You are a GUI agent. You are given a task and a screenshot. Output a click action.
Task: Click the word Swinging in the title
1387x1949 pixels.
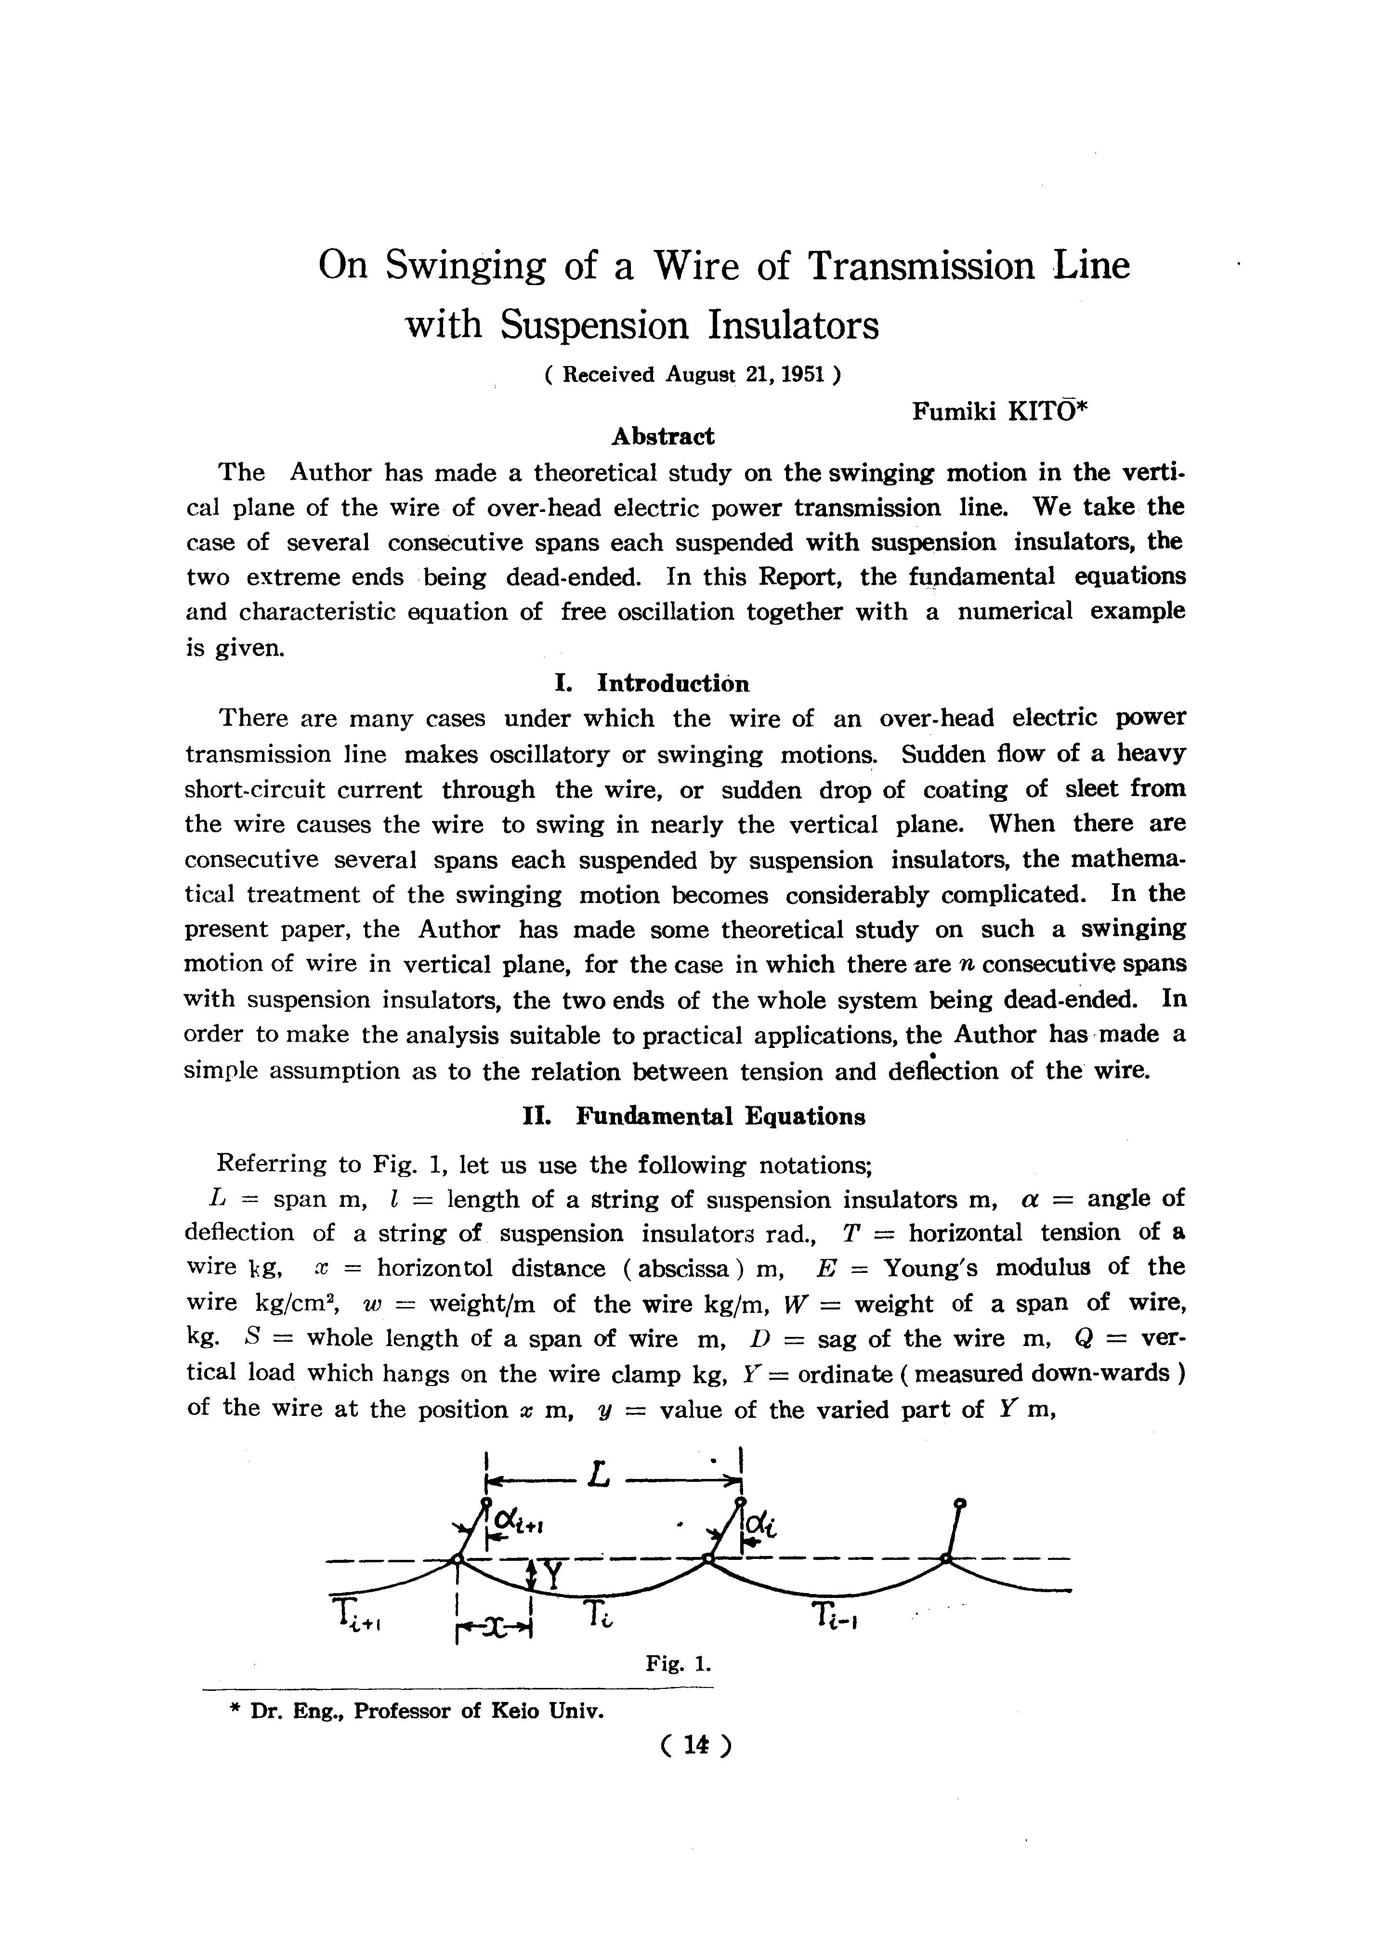point(465,266)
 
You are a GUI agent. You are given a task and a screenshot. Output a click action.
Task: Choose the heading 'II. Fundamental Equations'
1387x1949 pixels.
point(693,1116)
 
